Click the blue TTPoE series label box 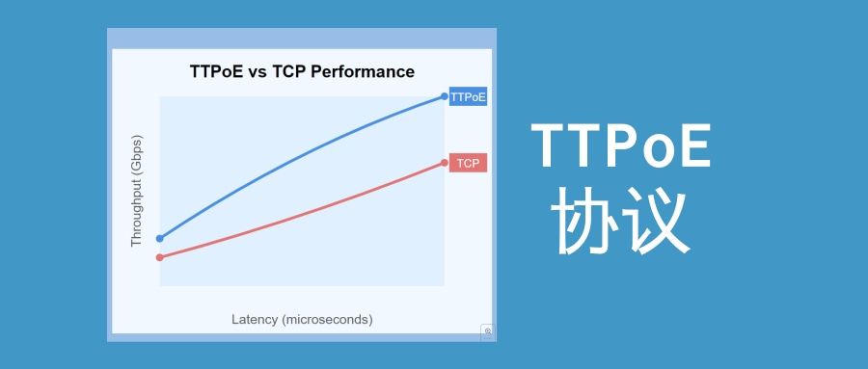(x=469, y=96)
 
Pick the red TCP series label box (x=469, y=163)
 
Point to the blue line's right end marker (x=445, y=95)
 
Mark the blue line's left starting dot (x=160, y=238)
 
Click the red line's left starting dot (x=160, y=257)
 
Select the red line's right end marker (x=445, y=163)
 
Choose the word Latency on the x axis (x=255, y=319)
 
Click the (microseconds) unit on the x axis (x=327, y=319)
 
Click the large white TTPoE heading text (x=621, y=147)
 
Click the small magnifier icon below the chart (x=488, y=331)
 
